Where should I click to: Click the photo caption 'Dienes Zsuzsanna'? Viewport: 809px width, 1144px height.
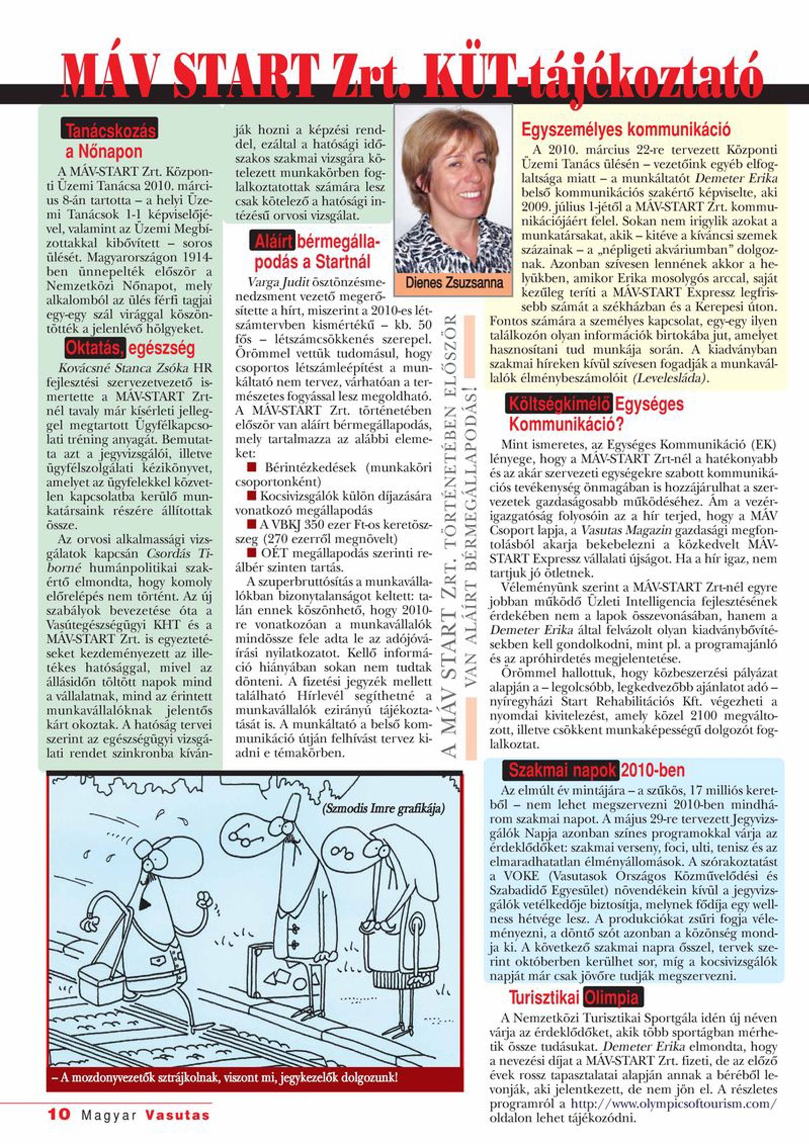[454, 283]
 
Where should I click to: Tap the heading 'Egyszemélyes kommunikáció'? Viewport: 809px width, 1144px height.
[626, 129]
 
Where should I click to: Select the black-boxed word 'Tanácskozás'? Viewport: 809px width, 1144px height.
[110, 131]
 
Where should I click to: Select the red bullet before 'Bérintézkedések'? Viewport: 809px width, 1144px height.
[251, 467]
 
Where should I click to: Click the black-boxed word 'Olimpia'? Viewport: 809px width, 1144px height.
[612, 998]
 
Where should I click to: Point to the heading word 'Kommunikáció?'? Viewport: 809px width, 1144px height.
[566, 424]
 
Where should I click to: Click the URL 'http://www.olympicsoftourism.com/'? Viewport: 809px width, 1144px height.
[674, 1104]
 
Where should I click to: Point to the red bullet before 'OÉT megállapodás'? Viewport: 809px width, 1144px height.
[251, 552]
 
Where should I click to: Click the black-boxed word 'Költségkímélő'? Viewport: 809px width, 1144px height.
[559, 404]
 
